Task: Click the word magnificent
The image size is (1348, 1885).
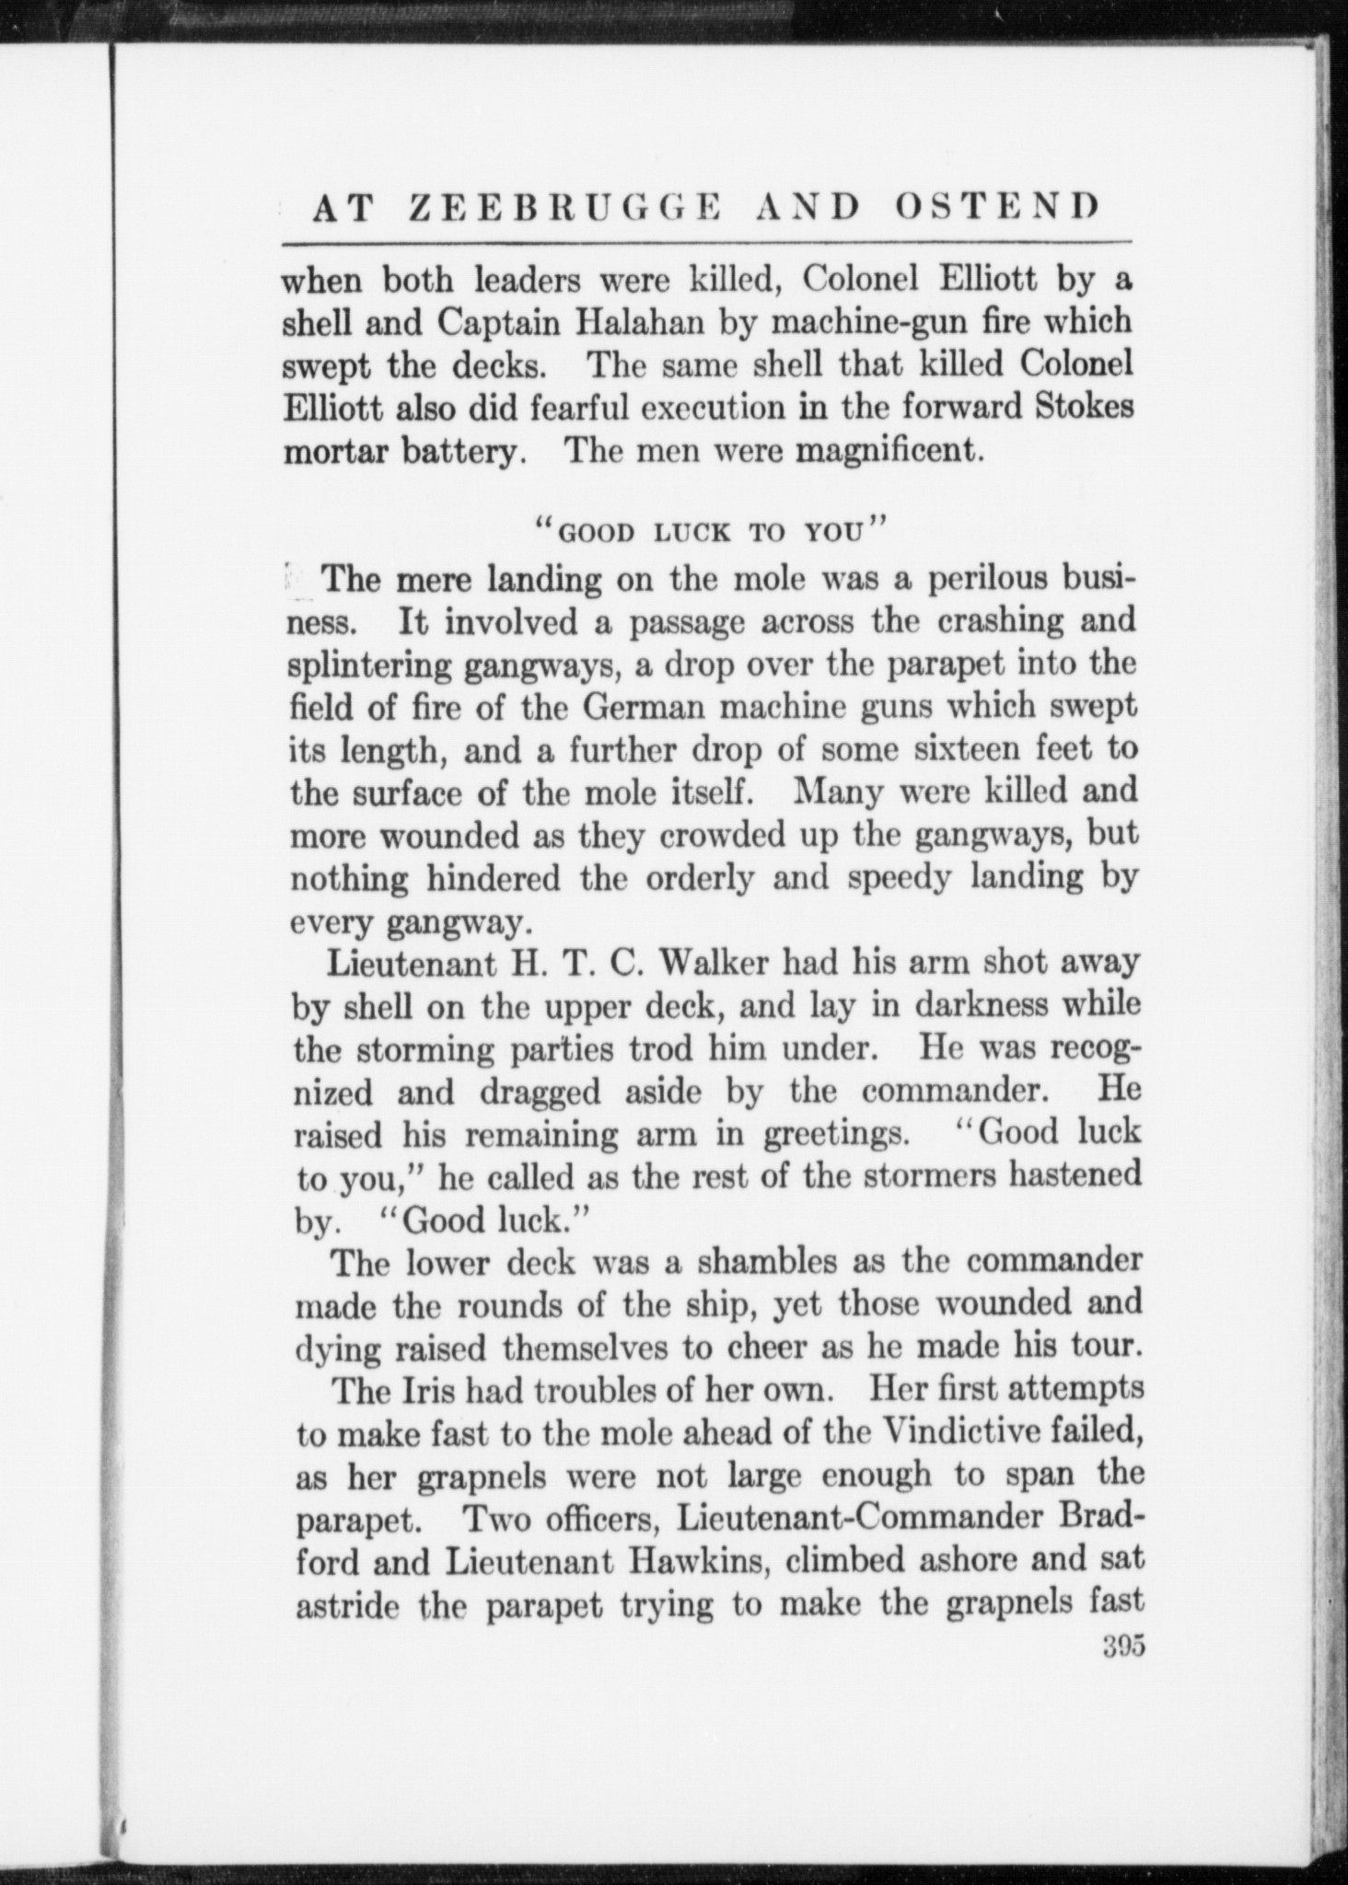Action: [884, 451]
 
